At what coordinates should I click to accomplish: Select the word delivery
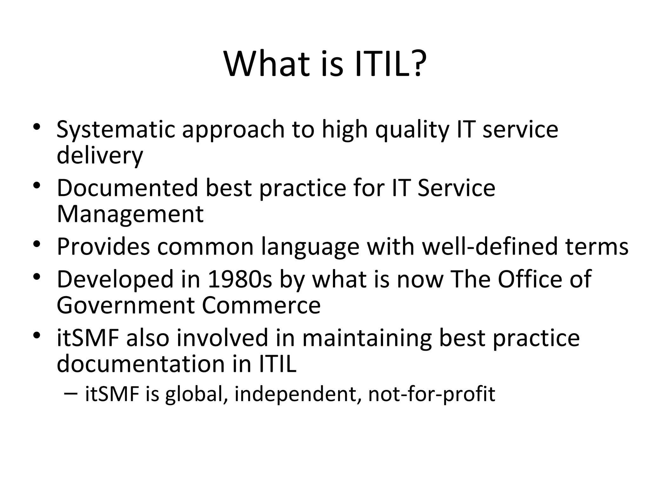[100, 156]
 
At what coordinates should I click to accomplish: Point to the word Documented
[127, 188]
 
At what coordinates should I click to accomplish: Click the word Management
[130, 214]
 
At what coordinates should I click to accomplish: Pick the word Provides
[103, 246]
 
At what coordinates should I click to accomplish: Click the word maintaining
[367, 338]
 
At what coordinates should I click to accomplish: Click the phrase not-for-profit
[431, 394]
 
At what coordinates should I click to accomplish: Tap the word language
[310, 246]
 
